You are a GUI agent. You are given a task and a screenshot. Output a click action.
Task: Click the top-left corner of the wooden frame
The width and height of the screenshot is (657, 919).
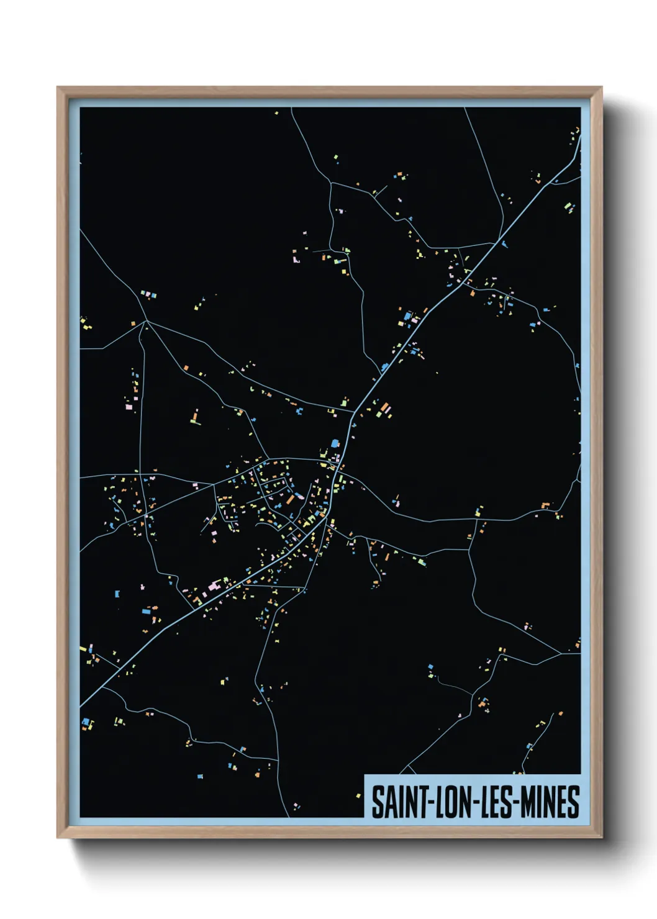tap(58, 88)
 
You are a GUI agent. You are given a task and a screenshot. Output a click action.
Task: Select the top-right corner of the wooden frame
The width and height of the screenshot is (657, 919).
tap(601, 88)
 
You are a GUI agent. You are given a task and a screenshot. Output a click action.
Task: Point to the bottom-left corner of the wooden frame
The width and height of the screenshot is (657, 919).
tap(58, 837)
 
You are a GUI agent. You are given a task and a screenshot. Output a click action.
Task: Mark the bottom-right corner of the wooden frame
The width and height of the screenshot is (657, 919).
tap(601, 837)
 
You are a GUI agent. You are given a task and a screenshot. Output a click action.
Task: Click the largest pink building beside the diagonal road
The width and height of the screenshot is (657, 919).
tap(214, 586)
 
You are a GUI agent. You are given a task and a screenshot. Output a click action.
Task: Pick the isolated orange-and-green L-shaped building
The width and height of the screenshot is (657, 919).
tap(196, 418)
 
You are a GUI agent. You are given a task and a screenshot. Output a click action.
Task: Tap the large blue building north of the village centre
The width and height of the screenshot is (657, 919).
tap(336, 443)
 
